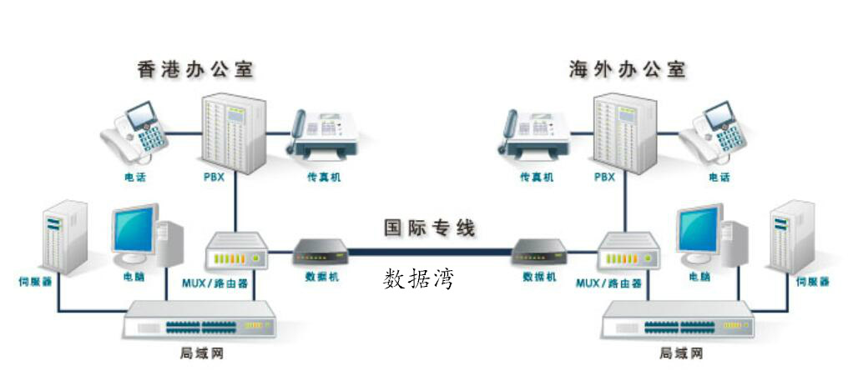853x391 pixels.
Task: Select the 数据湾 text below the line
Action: pos(419,278)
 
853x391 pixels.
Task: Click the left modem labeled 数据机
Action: pos(320,252)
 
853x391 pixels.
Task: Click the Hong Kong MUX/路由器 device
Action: pos(235,250)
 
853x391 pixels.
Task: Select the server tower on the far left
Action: pos(64,237)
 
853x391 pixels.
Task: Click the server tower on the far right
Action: pos(792,237)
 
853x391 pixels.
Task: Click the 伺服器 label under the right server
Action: pos(812,282)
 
